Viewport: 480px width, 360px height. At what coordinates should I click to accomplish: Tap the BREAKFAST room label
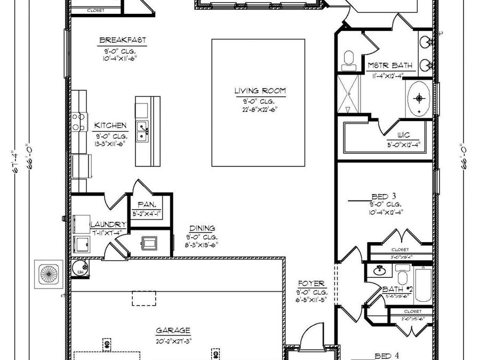tap(123, 40)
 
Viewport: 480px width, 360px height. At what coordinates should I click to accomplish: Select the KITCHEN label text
tap(111, 126)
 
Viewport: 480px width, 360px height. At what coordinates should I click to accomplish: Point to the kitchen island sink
tap(142, 131)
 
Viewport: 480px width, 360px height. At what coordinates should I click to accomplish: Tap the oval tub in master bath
tap(420, 98)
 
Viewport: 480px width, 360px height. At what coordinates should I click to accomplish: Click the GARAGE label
tap(173, 330)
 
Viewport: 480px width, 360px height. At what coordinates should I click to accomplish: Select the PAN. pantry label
tap(146, 204)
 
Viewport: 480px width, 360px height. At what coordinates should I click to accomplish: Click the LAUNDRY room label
tap(108, 225)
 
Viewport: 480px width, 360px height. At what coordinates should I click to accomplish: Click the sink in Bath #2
tap(380, 270)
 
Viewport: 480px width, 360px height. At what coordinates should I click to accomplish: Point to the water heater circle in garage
tap(81, 267)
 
